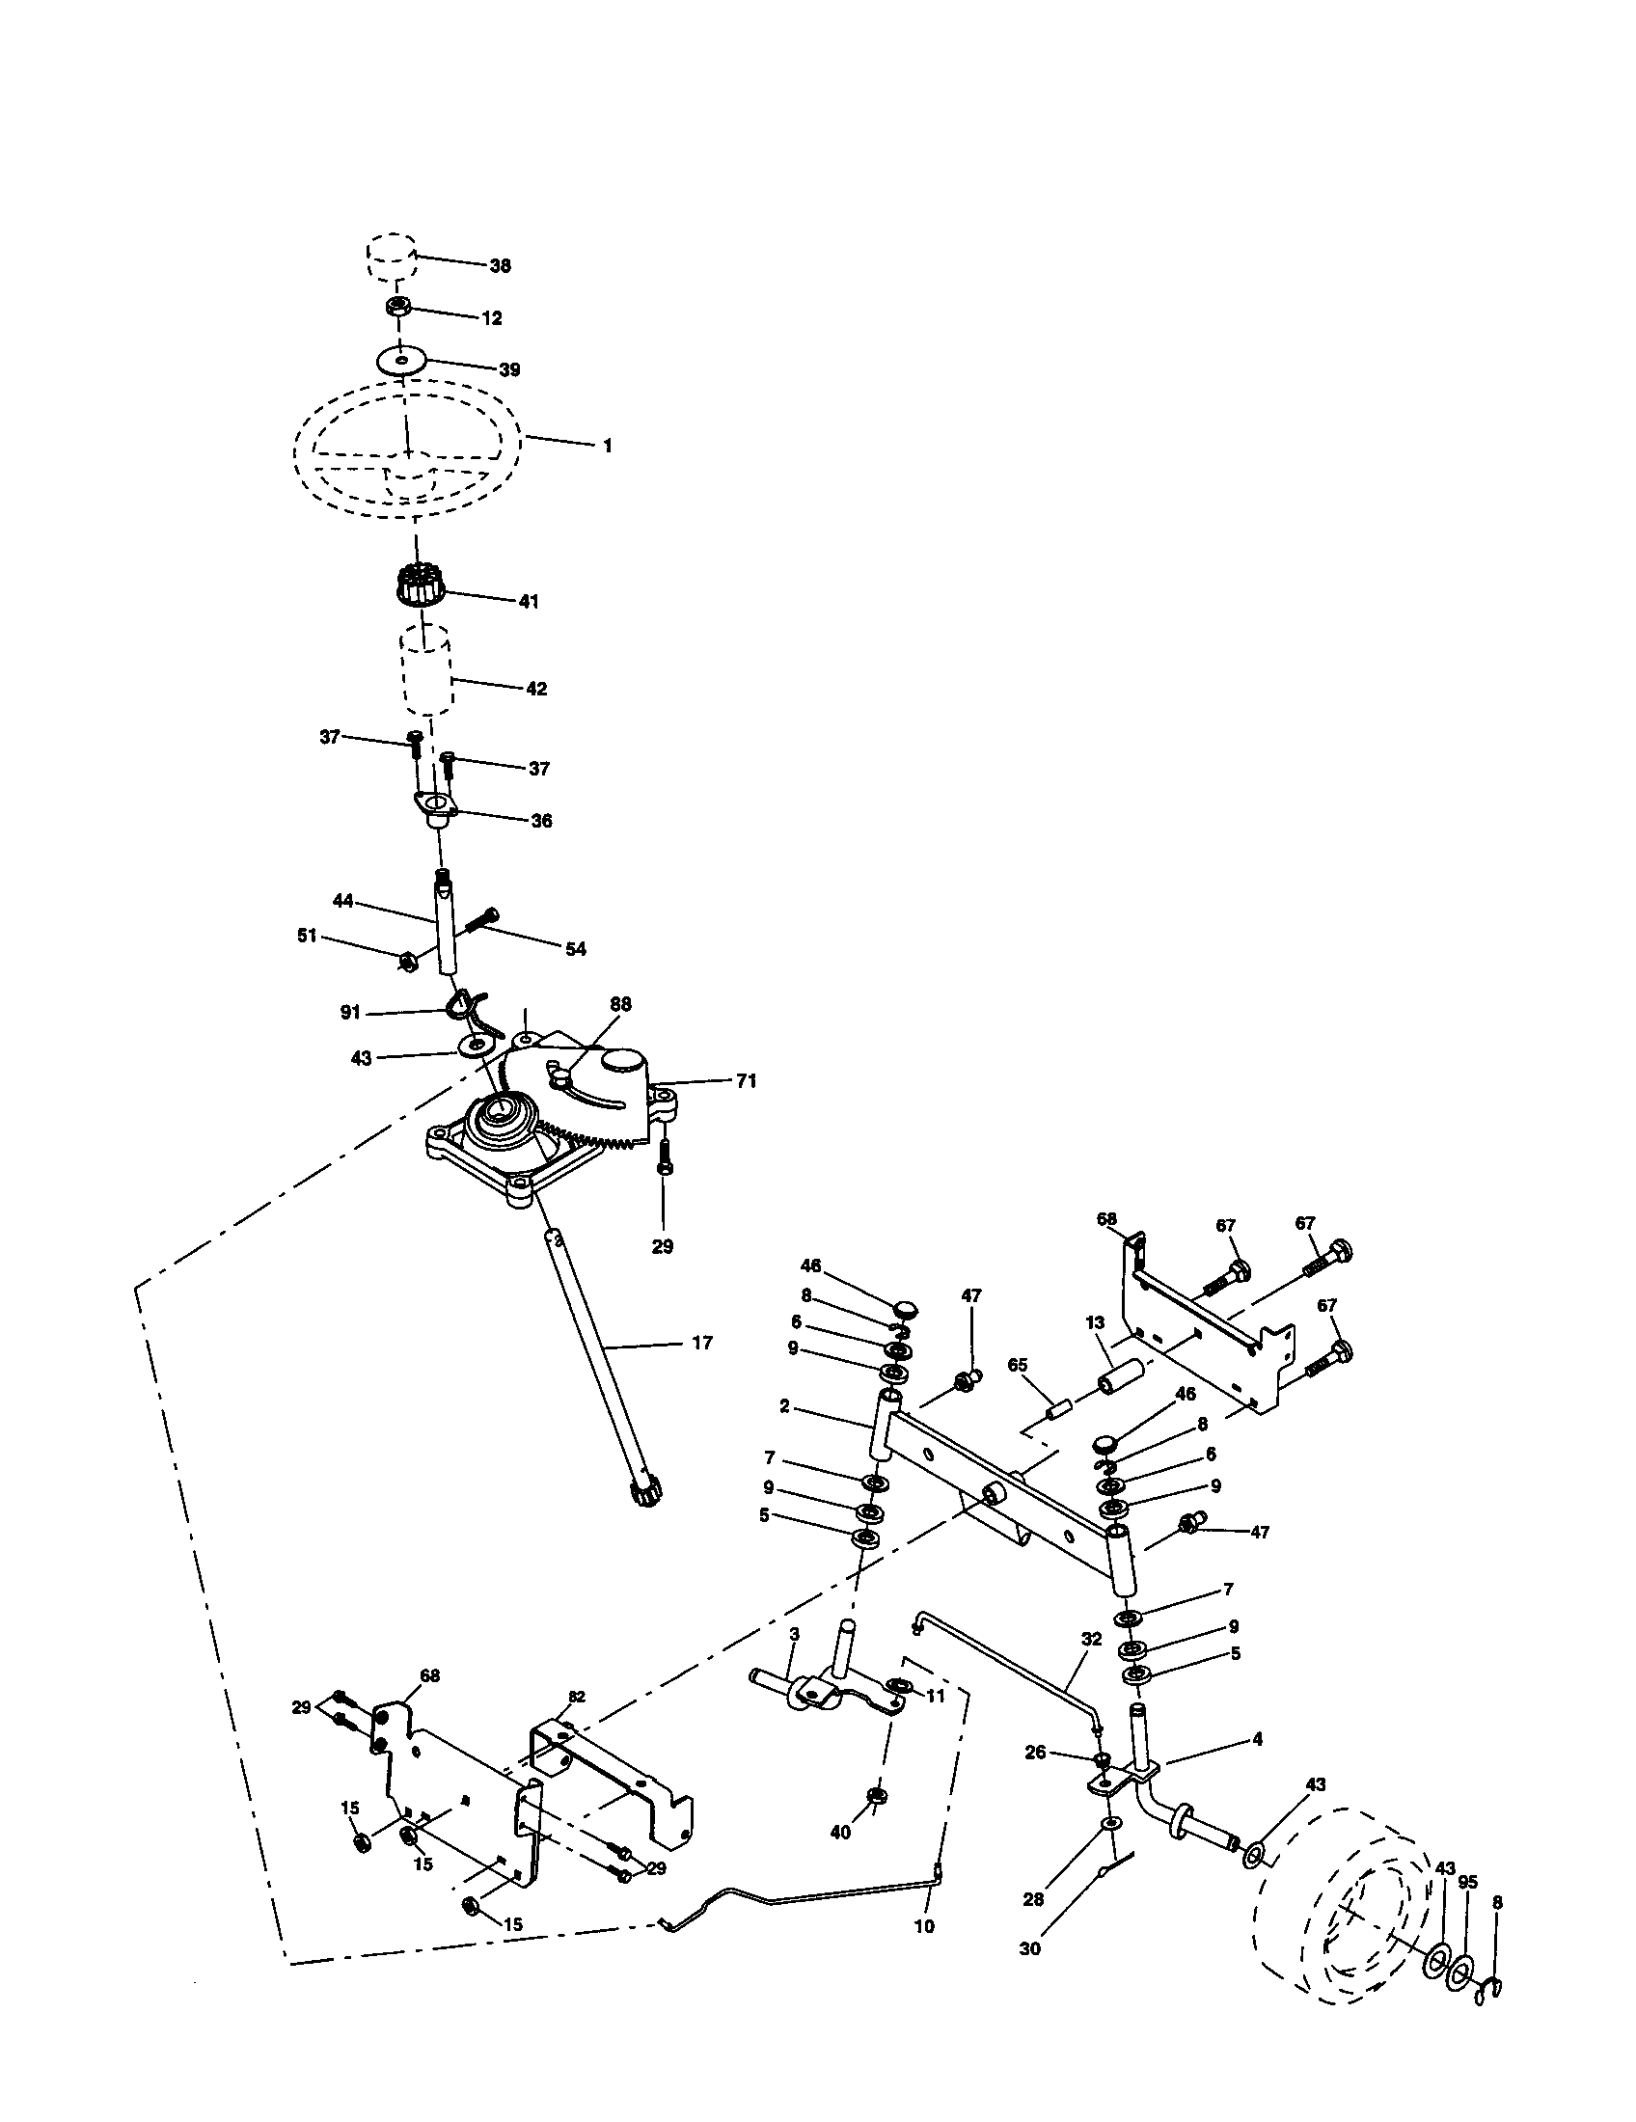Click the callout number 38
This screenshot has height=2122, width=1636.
click(500, 265)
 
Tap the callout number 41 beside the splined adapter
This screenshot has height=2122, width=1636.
click(528, 602)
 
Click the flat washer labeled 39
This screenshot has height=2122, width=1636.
click(401, 361)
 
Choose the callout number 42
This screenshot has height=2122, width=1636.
click(536, 689)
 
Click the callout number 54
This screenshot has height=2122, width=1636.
click(575, 948)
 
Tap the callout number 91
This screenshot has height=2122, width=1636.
click(350, 1013)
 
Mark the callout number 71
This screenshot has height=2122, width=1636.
click(745, 1080)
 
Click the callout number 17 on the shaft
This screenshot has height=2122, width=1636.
click(701, 1343)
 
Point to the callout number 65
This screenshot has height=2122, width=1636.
click(1017, 1365)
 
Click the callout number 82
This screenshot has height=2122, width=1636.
click(577, 1697)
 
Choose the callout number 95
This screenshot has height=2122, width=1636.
click(1467, 1882)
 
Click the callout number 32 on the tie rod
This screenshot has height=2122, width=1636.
click(1091, 1638)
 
